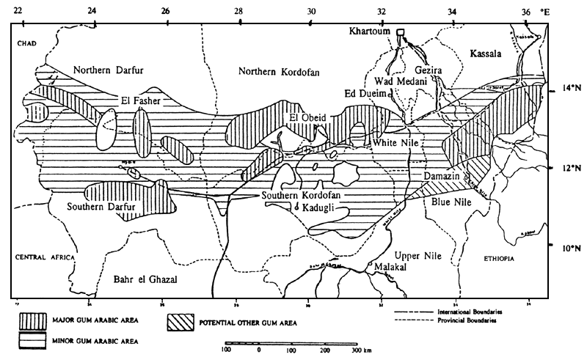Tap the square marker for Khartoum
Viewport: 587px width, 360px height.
coord(401,32)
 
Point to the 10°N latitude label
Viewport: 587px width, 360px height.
coord(565,248)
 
